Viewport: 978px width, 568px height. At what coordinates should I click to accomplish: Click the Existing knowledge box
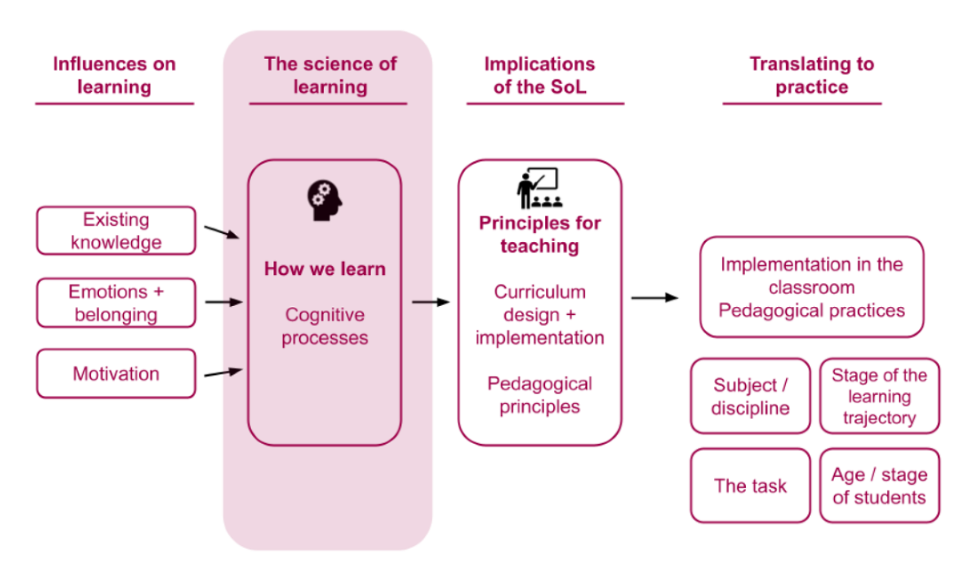[116, 230]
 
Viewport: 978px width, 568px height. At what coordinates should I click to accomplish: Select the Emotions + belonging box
[116, 303]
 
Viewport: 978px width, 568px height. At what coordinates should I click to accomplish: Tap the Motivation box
[116, 373]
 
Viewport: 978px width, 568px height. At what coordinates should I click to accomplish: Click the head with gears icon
[324, 201]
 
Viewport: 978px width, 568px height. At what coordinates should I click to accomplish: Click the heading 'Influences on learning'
[114, 75]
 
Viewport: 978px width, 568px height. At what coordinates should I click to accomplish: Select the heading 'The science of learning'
[330, 75]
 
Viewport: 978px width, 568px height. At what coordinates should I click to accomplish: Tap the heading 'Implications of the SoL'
[539, 75]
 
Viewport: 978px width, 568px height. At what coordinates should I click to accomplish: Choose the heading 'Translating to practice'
[812, 75]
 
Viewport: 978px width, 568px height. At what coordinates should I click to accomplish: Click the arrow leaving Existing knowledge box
[222, 232]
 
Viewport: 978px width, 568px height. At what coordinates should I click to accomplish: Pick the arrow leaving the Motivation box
[223, 373]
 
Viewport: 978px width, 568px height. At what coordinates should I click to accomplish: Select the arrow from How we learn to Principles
[430, 302]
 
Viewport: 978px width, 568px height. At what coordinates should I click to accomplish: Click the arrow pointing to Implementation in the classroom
[654, 297]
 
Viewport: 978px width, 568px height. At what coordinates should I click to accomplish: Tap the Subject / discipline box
[750, 396]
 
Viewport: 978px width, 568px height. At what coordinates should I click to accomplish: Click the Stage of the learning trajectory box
[879, 396]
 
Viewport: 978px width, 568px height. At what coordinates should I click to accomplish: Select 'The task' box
[750, 486]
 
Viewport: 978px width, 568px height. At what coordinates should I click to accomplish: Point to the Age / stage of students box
[879, 486]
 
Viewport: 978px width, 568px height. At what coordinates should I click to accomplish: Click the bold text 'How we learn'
[325, 269]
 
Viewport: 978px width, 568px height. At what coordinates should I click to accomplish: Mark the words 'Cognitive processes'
[325, 326]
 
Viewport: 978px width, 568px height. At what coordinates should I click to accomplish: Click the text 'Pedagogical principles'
[539, 395]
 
